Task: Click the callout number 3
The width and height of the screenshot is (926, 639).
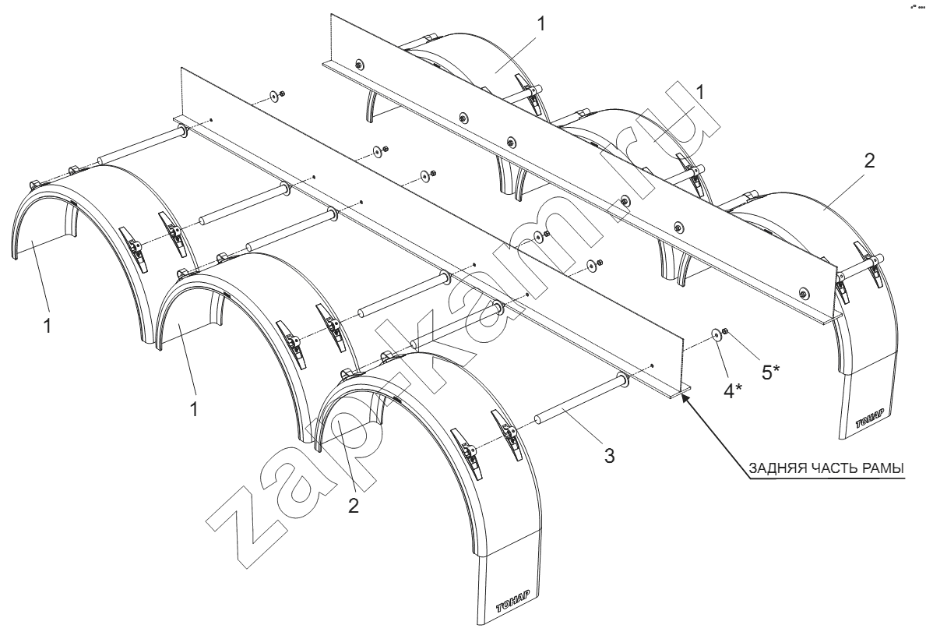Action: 609,455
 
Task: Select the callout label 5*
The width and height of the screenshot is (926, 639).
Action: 771,372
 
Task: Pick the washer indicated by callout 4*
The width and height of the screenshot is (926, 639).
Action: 717,335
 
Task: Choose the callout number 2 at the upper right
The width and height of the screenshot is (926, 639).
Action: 869,161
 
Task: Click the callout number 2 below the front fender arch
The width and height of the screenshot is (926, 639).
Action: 353,506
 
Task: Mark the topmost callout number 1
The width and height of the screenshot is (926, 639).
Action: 541,23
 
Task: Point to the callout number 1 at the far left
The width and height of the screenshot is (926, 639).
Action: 48,325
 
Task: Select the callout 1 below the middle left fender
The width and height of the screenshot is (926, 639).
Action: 194,409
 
